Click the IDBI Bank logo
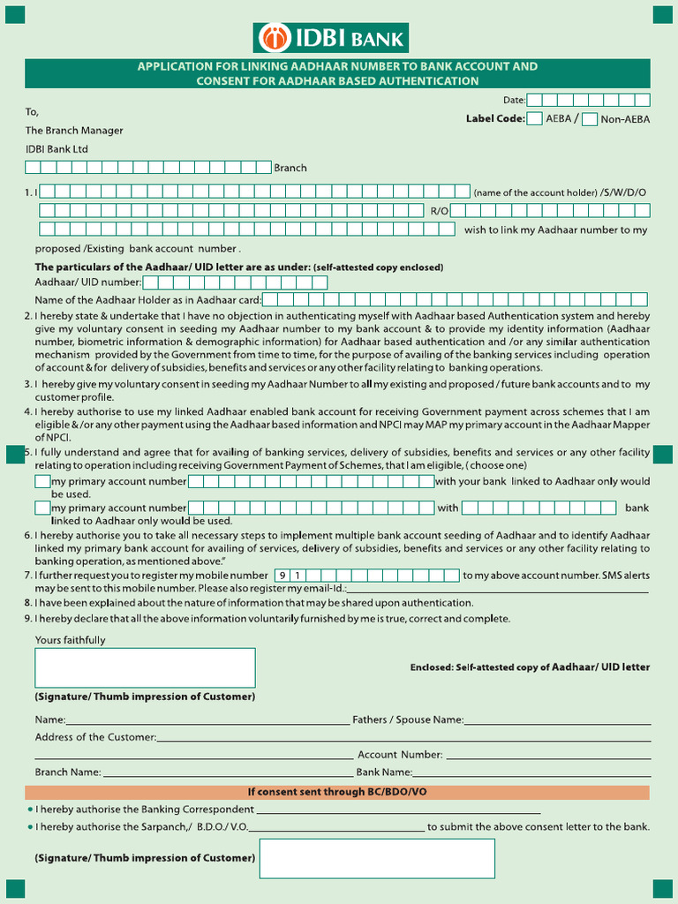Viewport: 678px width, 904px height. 330,38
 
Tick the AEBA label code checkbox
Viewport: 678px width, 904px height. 534,119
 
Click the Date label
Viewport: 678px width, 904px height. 514,101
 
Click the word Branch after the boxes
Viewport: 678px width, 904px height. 290,168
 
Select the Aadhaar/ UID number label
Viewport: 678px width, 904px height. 87,282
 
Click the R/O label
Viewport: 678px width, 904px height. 440,210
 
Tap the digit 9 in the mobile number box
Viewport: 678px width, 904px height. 282,576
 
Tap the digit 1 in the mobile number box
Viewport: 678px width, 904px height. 298,576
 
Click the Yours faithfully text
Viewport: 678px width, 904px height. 70,640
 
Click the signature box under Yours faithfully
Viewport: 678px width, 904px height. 145,667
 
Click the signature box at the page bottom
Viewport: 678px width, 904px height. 377,858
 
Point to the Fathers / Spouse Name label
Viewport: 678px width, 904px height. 408,719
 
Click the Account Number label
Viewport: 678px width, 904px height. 400,755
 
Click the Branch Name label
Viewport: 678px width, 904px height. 68,772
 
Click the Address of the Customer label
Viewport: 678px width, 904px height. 95,737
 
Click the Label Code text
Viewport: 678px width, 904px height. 494,118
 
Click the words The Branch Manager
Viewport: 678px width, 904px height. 74,131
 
